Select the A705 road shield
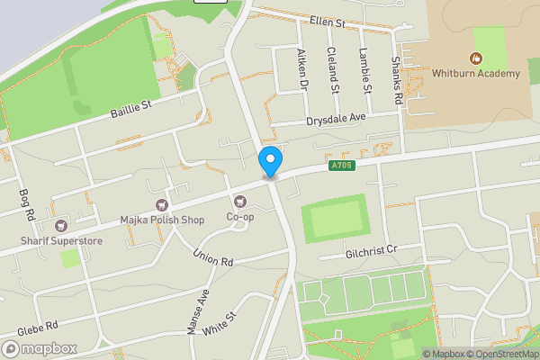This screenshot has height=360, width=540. [x=341, y=166]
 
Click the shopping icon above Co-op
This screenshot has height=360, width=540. [x=240, y=202]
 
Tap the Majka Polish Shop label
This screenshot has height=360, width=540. [x=162, y=220]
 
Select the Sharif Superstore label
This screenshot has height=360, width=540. [x=62, y=240]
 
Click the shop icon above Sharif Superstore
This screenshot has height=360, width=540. [x=61, y=226]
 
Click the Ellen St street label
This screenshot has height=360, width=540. [x=327, y=21]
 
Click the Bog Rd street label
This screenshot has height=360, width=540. [x=25, y=203]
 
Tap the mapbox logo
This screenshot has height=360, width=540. [x=40, y=348]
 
